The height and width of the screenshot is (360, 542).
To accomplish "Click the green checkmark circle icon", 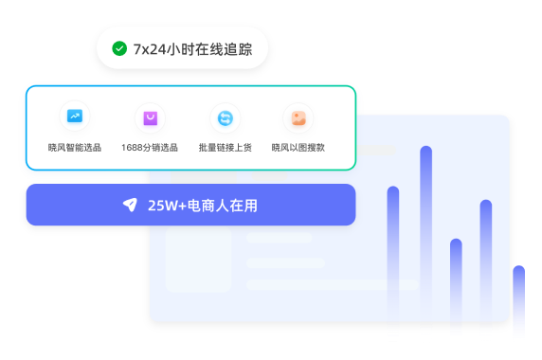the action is pyautogui.click(x=119, y=48).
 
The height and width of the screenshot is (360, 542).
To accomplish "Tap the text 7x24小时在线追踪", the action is pyautogui.click(x=192, y=49).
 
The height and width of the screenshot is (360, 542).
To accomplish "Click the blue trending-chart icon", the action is pyautogui.click(x=75, y=116).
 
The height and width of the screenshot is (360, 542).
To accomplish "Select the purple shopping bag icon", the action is pyautogui.click(x=151, y=118).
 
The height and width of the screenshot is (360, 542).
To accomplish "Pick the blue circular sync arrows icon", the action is pyautogui.click(x=225, y=118).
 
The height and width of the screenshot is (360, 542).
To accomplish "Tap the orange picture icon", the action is pyautogui.click(x=298, y=118).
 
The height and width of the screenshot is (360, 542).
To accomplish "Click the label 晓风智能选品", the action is pyautogui.click(x=75, y=148).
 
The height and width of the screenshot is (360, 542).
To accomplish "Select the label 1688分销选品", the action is pyautogui.click(x=150, y=148).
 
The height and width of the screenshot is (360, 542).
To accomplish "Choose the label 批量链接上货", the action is pyautogui.click(x=225, y=148).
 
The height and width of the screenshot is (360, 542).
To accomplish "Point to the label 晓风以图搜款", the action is pyautogui.click(x=298, y=148).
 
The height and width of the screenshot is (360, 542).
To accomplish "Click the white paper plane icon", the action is pyautogui.click(x=131, y=205).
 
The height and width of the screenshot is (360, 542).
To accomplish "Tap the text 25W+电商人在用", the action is pyautogui.click(x=203, y=206).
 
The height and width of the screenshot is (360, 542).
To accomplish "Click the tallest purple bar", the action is pyautogui.click(x=425, y=231).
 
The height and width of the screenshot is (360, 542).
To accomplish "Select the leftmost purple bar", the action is pyautogui.click(x=393, y=251).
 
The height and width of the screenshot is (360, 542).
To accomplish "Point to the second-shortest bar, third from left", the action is pyautogui.click(x=456, y=285).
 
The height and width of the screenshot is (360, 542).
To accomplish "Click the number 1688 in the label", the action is pyautogui.click(x=132, y=148).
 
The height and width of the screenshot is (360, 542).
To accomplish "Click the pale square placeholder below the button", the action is pyautogui.click(x=198, y=260).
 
